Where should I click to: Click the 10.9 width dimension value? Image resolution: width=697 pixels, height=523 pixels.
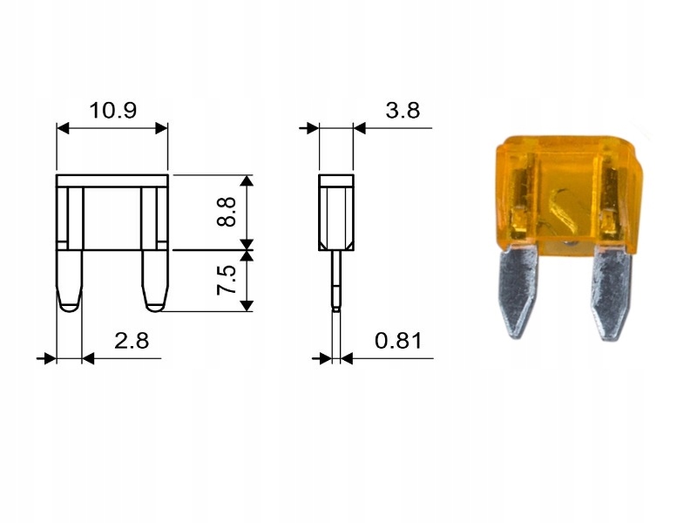click(113, 111)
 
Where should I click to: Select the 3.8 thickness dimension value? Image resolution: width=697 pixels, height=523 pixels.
click(403, 111)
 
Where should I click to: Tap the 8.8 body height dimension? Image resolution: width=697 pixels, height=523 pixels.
click(227, 212)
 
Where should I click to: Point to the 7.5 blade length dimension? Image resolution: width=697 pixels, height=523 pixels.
click(227, 280)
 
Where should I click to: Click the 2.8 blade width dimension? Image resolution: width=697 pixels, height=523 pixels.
click(132, 341)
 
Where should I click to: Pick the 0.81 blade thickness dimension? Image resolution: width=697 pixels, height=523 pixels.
click(398, 341)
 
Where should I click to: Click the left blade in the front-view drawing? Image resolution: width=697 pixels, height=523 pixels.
click(70, 280)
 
